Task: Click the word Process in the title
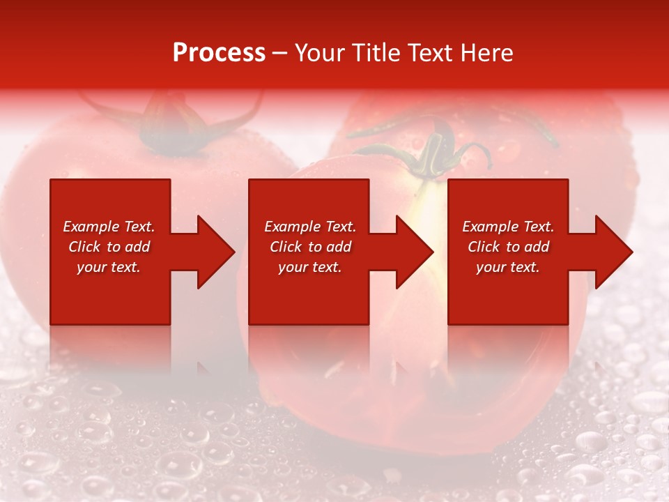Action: point(219,53)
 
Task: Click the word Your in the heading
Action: point(320,53)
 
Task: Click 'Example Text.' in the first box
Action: point(109,227)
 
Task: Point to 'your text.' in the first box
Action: point(109,267)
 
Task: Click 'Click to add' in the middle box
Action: point(310,247)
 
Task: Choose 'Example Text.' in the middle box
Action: point(310,227)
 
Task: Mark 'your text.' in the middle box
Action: point(310,267)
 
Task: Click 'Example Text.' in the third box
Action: point(508,227)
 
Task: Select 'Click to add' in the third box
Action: point(508,247)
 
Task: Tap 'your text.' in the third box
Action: point(508,267)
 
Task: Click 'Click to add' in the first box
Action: point(109,247)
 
